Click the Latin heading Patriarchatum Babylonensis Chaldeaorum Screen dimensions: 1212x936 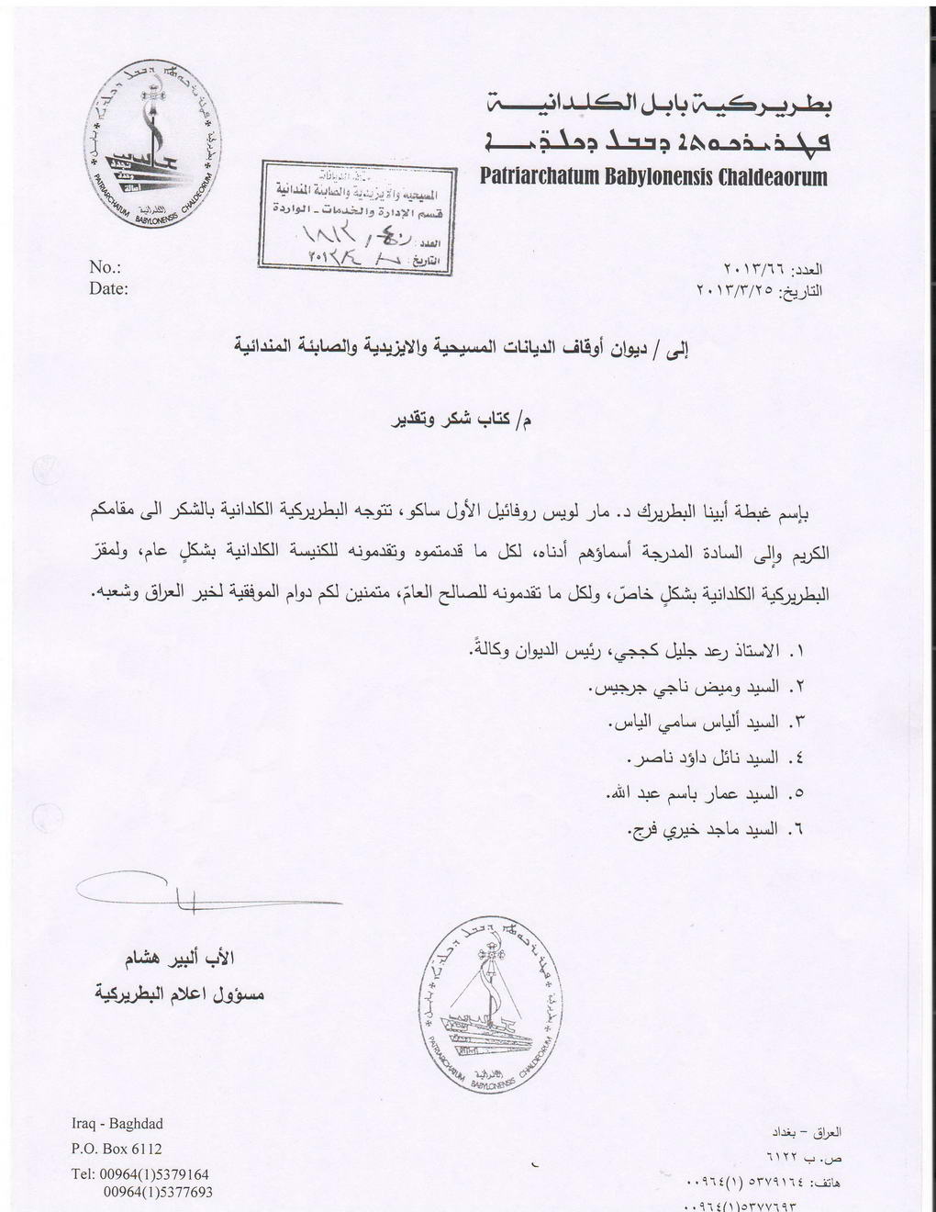tap(653, 176)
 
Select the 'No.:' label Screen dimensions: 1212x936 tap(106, 269)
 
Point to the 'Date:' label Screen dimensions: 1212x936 tap(109, 288)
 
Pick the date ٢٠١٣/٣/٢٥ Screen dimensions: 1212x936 tap(735, 293)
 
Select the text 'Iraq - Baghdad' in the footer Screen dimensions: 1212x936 tap(117, 1124)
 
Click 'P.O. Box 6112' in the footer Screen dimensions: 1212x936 tap(117, 1149)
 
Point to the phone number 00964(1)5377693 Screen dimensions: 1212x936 tap(160, 1192)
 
